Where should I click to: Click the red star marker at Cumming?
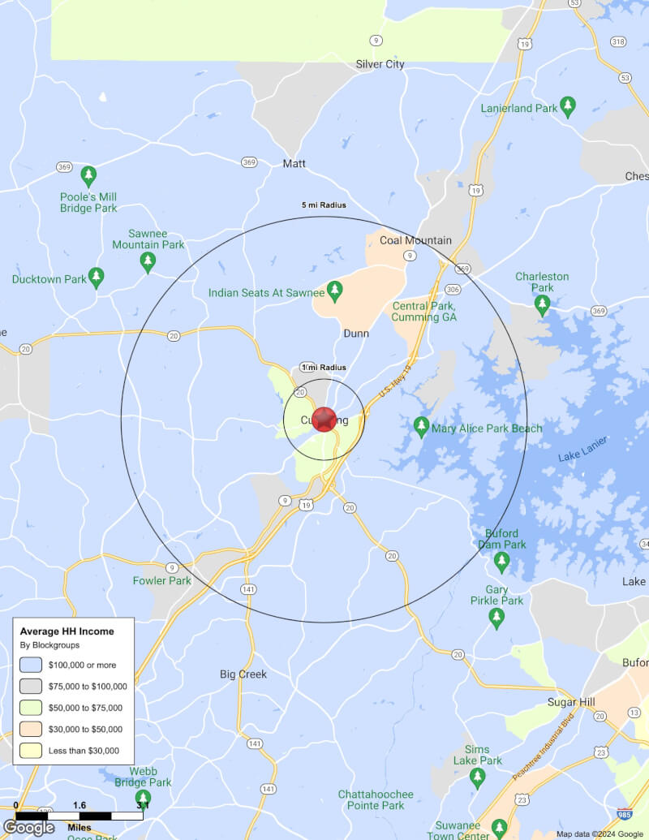tap(324, 420)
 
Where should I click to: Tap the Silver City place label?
tap(380, 64)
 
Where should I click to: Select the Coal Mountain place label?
tap(415, 240)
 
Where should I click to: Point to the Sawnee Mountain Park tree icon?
tap(148, 261)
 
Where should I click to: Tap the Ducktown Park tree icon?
tap(97, 278)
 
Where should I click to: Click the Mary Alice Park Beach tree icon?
tap(421, 426)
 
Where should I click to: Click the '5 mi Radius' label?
tap(324, 205)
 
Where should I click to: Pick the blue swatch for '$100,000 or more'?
tap(31, 665)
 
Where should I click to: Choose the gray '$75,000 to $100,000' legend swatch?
tap(31, 686)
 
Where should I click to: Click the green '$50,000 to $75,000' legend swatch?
tap(31, 708)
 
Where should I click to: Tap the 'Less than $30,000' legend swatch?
tap(31, 751)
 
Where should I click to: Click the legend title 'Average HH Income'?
tap(67, 631)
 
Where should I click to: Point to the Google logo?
tap(28, 827)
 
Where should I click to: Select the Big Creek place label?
tap(243, 674)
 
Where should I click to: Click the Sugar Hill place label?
tap(572, 702)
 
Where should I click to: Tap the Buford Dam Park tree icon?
tap(501, 560)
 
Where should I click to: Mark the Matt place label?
tap(294, 164)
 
